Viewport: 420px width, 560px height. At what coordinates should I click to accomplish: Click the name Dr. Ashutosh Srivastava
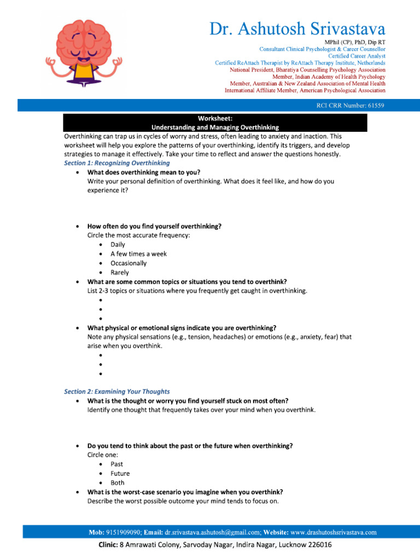297,28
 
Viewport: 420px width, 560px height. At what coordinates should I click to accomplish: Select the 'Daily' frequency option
118,244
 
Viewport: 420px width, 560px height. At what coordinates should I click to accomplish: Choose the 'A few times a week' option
138,254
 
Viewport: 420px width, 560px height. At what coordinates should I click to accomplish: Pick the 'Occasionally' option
129,263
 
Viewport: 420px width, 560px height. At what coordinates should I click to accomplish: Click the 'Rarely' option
120,272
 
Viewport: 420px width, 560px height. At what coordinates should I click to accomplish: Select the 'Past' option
116,464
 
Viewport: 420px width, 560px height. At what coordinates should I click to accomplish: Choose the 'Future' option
120,474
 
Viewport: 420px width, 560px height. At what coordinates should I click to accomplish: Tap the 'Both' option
117,483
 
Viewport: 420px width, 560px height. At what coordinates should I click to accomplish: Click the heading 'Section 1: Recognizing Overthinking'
117,163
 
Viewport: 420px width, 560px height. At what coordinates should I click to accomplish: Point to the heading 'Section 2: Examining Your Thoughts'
117,392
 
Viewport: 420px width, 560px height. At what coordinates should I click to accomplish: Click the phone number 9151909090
123,532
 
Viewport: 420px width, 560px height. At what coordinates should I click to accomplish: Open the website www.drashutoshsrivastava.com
333,532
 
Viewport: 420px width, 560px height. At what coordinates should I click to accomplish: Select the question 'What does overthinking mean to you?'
144,172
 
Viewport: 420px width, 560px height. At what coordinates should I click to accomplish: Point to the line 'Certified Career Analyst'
356,56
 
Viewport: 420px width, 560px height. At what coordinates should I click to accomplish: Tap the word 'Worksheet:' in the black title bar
215,119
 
